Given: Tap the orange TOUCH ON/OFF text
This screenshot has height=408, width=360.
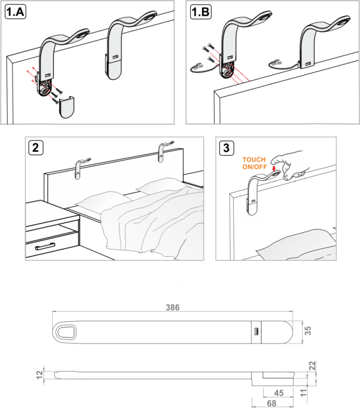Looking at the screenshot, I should point(254,163).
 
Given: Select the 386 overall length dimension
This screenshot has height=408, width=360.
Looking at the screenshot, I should point(172,307).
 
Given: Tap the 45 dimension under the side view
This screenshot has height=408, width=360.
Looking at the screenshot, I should point(279,393).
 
